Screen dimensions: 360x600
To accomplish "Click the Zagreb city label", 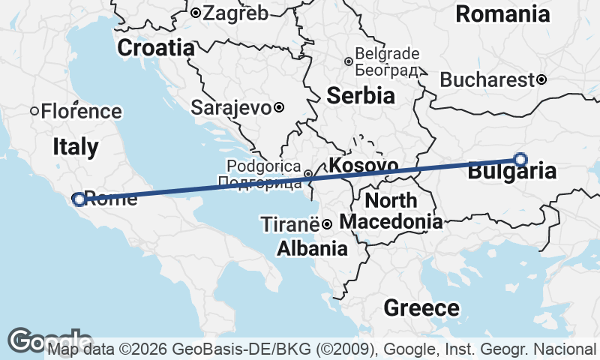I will [235, 13].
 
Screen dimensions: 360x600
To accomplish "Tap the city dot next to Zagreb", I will [195, 13].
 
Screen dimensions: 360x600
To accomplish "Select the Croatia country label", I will [155, 48].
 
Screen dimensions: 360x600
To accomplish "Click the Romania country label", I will [502, 13].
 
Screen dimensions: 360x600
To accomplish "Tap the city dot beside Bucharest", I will [541, 79].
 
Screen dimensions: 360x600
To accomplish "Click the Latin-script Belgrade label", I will [387, 54].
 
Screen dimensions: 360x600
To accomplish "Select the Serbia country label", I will [361, 95].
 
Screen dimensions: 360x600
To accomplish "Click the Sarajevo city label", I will [231, 107].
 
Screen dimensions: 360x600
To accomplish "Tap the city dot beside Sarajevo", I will [279, 107].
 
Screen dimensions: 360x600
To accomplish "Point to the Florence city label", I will [81, 112].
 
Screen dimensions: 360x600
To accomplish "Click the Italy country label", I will [76, 146].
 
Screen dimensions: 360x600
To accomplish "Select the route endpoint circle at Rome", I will [79, 199].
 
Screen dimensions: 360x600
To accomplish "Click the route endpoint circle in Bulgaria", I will [520, 159].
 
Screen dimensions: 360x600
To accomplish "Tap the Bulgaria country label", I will [512, 172].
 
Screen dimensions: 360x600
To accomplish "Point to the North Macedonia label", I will [391, 211].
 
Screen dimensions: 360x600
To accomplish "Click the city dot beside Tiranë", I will [327, 224].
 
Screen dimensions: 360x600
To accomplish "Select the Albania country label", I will [312, 249].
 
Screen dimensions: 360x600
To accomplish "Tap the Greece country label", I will [421, 307].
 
